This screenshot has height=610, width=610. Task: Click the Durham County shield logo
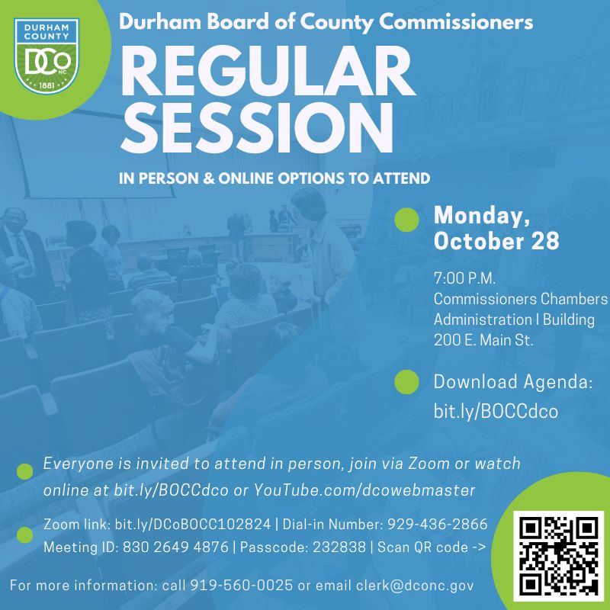[x=47, y=56]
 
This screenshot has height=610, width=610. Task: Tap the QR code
[x=558, y=557]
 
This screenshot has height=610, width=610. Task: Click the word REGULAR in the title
[x=268, y=71]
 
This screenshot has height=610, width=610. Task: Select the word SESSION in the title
[x=257, y=127]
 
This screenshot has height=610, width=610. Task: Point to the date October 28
[x=496, y=241]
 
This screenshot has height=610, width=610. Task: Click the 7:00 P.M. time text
[x=464, y=278]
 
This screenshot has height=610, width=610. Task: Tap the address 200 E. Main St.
[x=483, y=340]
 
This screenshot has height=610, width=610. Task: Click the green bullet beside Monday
[x=406, y=220]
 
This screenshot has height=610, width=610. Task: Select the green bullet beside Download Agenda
[x=406, y=382]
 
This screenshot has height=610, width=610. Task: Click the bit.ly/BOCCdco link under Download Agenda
[x=496, y=411]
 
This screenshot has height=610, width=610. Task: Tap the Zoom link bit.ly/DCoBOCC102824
[x=193, y=525]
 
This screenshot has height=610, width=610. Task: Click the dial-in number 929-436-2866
[x=437, y=525]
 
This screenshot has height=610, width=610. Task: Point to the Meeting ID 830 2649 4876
[x=175, y=547]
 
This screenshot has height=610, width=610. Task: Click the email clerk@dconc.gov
[x=415, y=586]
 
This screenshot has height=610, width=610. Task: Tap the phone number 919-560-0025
[x=241, y=585]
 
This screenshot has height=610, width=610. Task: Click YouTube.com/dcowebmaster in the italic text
[x=364, y=490]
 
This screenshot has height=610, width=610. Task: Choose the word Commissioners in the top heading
[x=455, y=22]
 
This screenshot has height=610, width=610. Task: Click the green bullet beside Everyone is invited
[x=25, y=471]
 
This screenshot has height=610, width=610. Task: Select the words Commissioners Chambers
[x=521, y=299]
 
